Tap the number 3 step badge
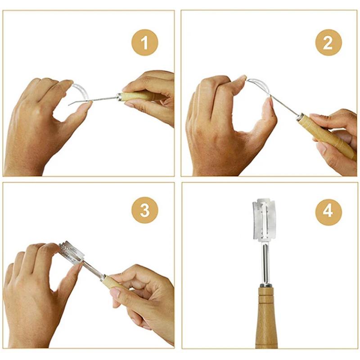pos(144,210)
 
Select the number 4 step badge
pos(328,210)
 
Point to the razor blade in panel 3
pos(72,252)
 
